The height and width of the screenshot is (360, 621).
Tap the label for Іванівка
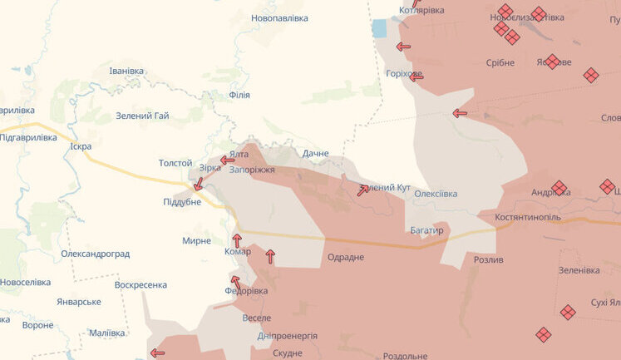126,71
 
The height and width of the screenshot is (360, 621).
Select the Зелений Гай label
142,116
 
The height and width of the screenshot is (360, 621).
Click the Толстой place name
175,163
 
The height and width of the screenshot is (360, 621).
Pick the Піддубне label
182,202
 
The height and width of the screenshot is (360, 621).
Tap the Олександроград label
95,254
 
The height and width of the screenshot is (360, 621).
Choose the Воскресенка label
140,284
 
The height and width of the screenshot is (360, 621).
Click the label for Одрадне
346,257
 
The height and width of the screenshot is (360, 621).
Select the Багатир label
427,229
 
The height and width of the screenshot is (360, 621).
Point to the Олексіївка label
436,194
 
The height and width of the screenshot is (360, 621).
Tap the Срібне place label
500,62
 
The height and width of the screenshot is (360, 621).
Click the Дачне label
315,153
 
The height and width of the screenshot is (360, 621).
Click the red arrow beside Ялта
228,160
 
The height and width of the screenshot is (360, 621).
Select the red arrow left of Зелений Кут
363,190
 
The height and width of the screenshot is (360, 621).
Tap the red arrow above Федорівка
236,283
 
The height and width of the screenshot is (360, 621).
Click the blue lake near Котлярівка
380,28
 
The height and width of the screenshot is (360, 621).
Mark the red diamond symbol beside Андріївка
559,188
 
